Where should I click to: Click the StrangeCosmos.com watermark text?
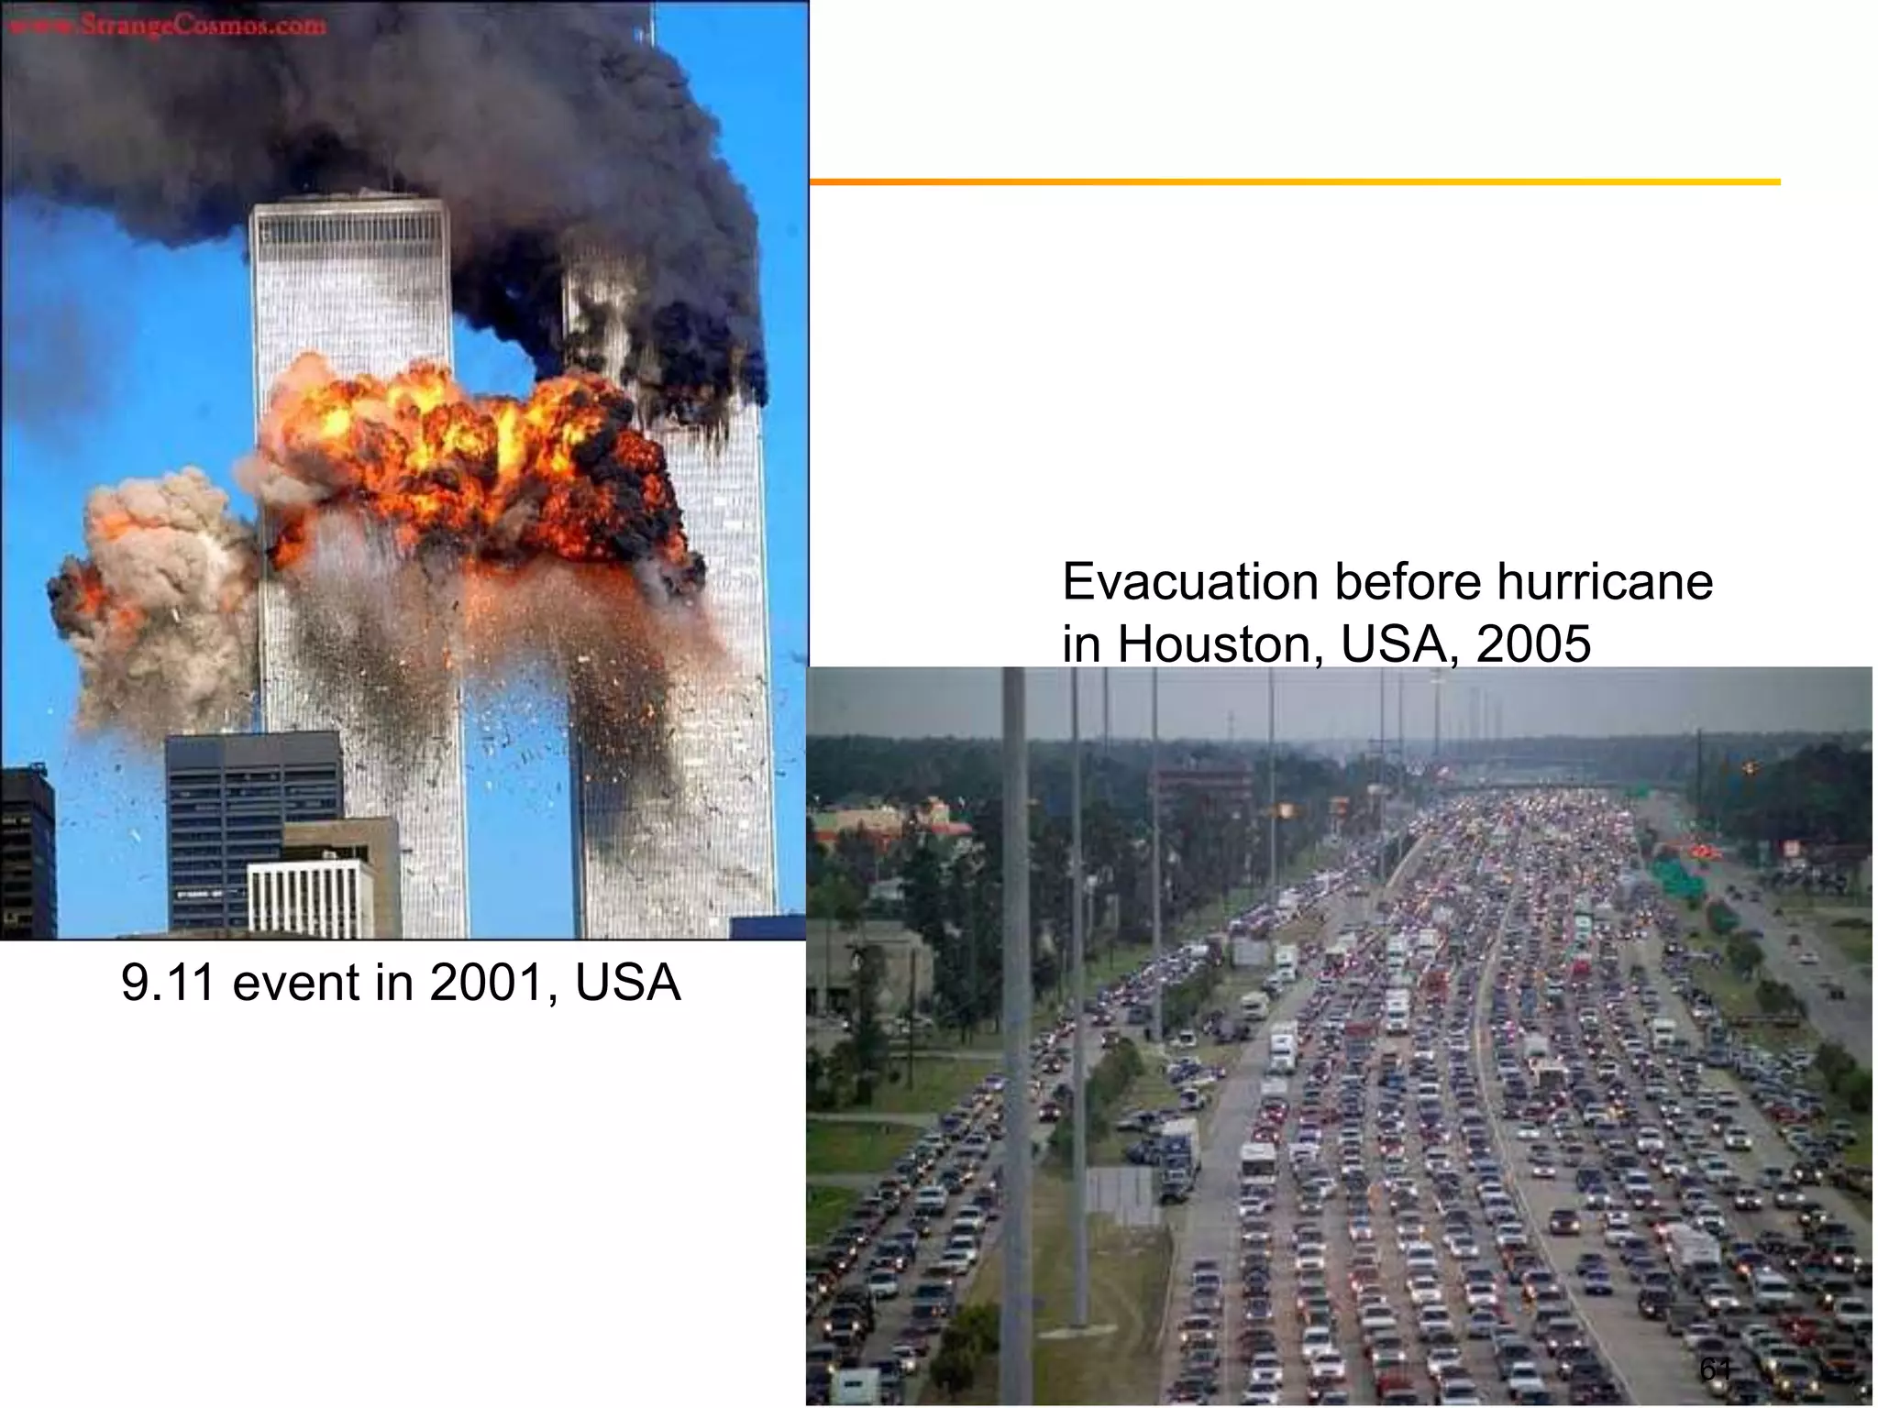(x=165, y=25)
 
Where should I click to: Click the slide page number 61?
(x=1716, y=1369)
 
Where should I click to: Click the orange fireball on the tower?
(x=458, y=449)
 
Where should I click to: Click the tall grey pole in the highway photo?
(x=1014, y=1008)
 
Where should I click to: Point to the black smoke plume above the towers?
(x=413, y=110)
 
